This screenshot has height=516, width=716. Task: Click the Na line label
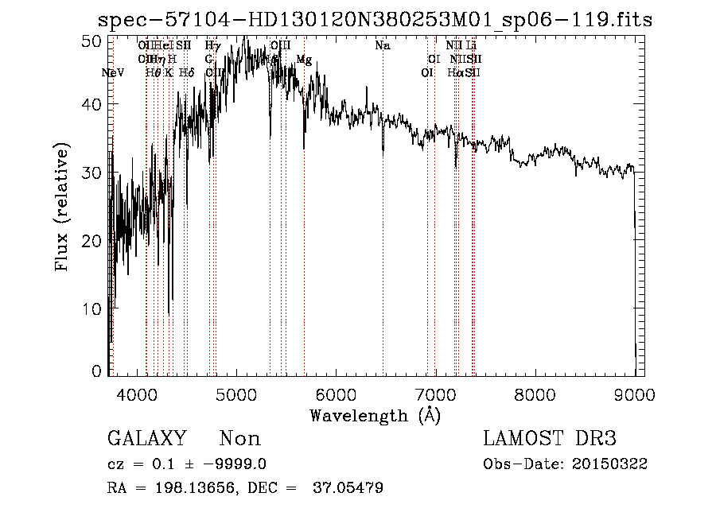point(383,46)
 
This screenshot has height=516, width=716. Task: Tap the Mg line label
point(304,60)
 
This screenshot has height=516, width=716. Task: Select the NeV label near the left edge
point(114,72)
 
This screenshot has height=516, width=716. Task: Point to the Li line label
point(471,46)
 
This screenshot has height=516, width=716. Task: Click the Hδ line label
point(186,72)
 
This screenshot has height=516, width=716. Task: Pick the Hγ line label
point(212,46)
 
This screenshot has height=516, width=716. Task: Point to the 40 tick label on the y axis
point(92,104)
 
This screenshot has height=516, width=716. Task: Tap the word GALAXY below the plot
point(146,439)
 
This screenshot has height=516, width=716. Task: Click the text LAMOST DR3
point(550,439)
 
